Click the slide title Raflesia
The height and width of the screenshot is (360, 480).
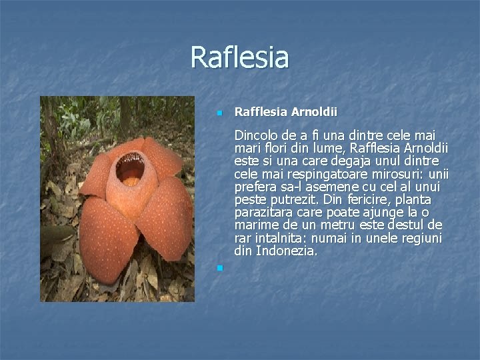pyautogui.click(x=239, y=57)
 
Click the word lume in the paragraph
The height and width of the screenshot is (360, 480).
pyautogui.click(x=324, y=148)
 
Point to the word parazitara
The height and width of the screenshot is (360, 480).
pyautogui.click(x=262, y=213)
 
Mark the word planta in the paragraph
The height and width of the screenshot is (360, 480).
pyautogui.click(x=415, y=200)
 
